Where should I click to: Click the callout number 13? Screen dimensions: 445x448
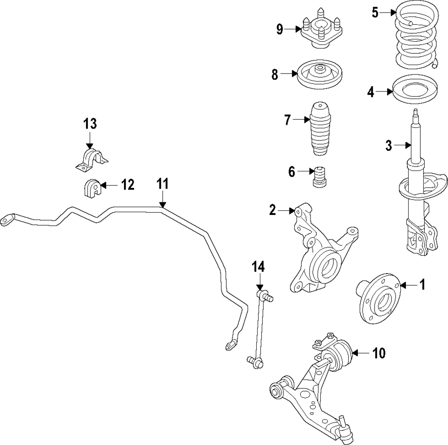90,123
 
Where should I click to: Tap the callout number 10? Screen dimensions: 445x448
379,354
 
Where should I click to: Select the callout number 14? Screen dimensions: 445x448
258,267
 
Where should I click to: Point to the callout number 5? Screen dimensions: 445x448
375,13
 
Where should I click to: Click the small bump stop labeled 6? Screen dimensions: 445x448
319,179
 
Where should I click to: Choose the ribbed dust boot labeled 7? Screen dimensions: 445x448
319,130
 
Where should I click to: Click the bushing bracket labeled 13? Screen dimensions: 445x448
91,161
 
